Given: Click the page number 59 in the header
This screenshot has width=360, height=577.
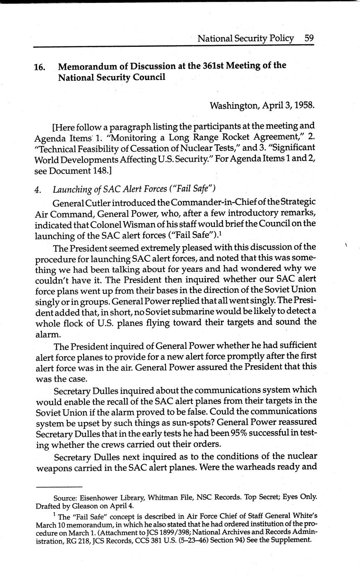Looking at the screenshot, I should click(309, 38).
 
